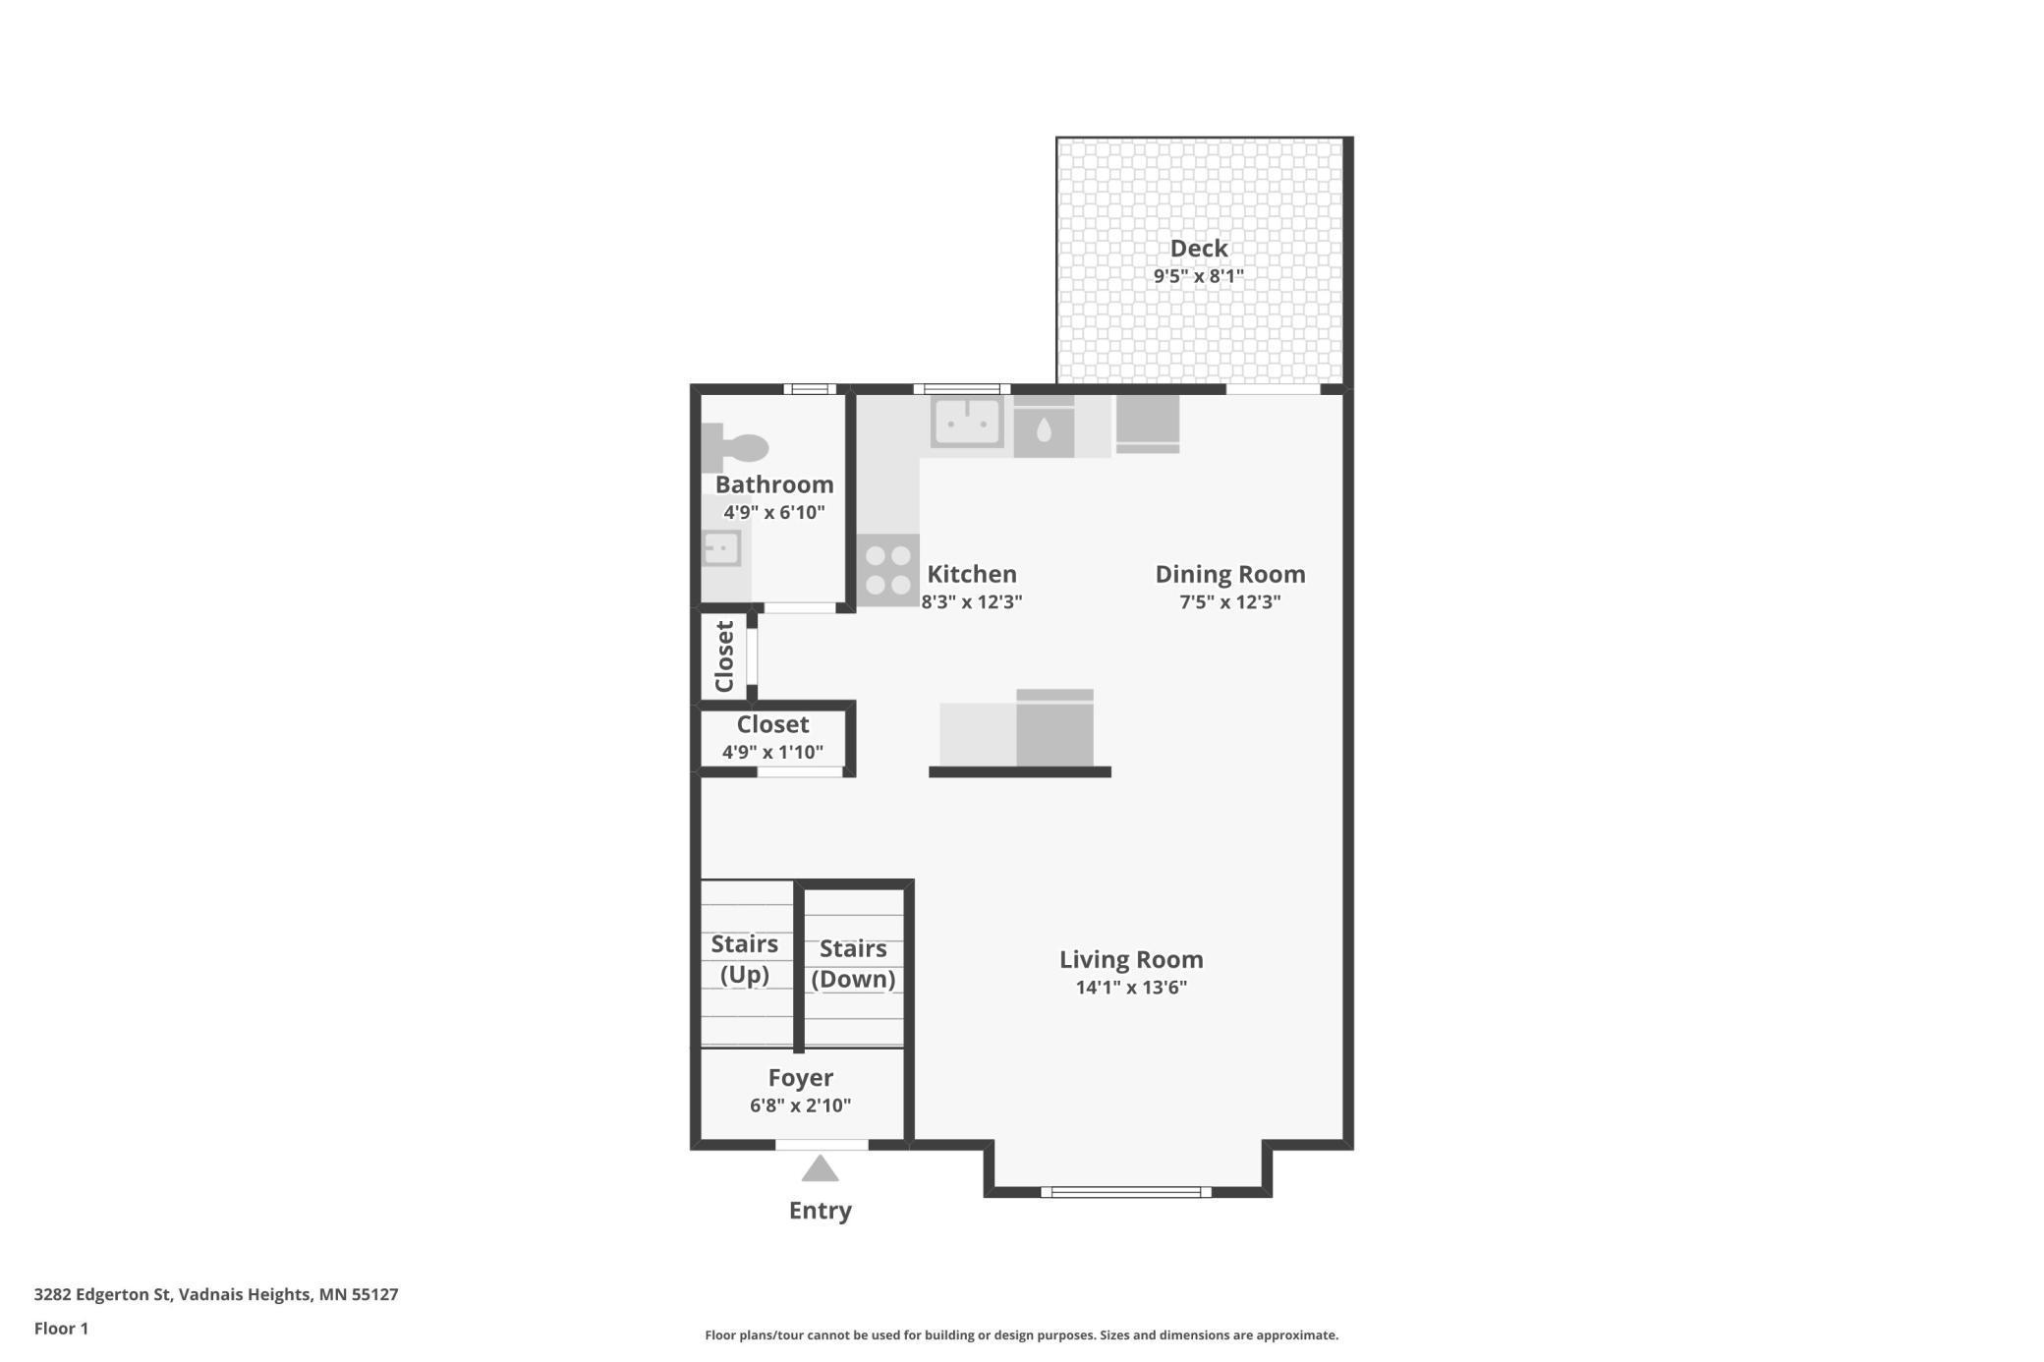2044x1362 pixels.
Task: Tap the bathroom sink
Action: (721, 548)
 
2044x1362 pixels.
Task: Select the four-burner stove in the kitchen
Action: (887, 570)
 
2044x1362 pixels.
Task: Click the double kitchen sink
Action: (967, 423)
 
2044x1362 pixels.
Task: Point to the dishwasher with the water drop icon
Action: (1044, 429)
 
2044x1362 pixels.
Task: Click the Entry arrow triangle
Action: (820, 1169)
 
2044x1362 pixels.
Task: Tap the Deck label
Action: (1198, 249)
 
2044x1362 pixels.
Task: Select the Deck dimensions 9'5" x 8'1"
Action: (1198, 276)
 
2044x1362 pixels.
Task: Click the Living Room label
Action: (1130, 959)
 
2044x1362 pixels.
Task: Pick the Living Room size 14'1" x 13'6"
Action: (1130, 988)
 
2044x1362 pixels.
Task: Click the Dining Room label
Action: (1229, 574)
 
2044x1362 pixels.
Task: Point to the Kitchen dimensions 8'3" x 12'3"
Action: (971, 602)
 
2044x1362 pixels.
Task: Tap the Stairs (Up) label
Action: (744, 959)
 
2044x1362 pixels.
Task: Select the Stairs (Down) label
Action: (853, 964)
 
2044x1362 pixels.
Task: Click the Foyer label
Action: (800, 1078)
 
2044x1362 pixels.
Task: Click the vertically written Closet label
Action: (724, 656)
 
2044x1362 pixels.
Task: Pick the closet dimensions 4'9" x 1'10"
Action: (772, 753)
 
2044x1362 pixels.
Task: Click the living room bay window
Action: (1126, 1192)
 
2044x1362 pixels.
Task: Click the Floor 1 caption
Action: (61, 1329)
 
